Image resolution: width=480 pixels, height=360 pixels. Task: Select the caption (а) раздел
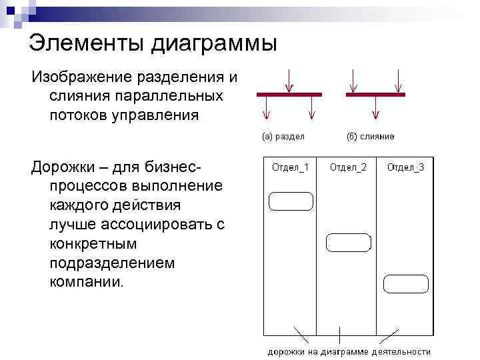tap(283, 137)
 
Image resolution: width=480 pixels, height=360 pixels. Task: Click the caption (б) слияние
tap(370, 137)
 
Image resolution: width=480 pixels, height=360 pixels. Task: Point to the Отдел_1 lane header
tap(290, 167)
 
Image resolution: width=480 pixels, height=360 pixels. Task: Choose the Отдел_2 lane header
tap(348, 167)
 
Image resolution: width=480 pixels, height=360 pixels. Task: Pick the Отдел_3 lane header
tap(405, 167)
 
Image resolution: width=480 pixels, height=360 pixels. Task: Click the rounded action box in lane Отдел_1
tap(291, 201)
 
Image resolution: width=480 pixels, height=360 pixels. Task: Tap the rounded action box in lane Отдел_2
tap(348, 243)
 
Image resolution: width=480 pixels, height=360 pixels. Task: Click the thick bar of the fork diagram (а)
tap(288, 95)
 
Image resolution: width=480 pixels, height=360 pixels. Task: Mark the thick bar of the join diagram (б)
tap(375, 95)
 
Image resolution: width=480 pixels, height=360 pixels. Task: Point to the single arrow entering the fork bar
tap(288, 81)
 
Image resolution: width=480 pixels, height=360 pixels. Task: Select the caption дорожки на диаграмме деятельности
tap(349, 351)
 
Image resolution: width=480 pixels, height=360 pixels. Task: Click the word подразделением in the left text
tap(112, 263)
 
